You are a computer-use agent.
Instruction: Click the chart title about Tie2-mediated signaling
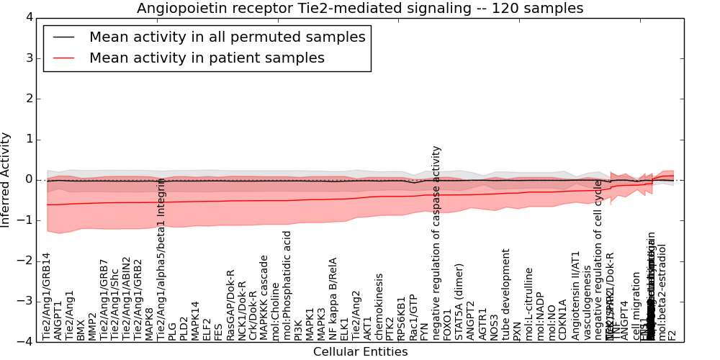(360, 8)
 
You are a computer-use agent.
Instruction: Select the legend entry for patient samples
(207, 58)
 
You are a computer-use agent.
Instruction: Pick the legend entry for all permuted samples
(227, 37)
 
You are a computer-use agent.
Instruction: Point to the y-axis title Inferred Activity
(6, 179)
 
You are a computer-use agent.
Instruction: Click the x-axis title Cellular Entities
(360, 352)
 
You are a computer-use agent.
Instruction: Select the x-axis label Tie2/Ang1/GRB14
(47, 296)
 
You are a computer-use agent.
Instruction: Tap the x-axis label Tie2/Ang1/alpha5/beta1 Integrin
(161, 258)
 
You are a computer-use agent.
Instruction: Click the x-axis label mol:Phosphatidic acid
(287, 285)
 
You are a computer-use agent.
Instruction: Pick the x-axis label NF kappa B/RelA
(333, 298)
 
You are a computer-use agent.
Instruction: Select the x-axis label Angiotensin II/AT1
(575, 295)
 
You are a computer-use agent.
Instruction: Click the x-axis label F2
(672, 334)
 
